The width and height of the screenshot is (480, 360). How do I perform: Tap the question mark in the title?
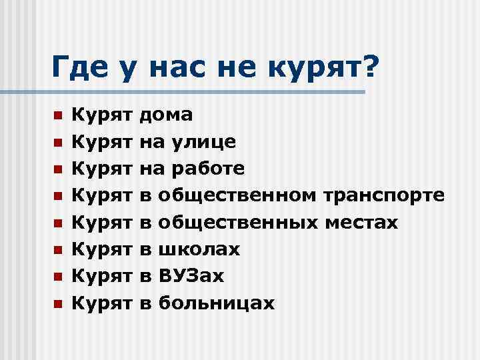click(x=366, y=67)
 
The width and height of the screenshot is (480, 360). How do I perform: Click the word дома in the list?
click(x=166, y=115)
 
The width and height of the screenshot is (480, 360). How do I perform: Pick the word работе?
click(x=208, y=169)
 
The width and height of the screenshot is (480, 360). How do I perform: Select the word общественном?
click(x=239, y=196)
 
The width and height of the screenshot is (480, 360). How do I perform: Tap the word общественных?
click(x=239, y=223)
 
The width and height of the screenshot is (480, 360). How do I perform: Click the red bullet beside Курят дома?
click(x=58, y=116)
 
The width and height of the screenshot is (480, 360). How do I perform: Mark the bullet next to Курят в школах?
click(x=58, y=251)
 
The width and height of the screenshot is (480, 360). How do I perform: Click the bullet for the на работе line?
click(x=58, y=170)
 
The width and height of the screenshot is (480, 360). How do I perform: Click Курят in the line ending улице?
click(x=102, y=142)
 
